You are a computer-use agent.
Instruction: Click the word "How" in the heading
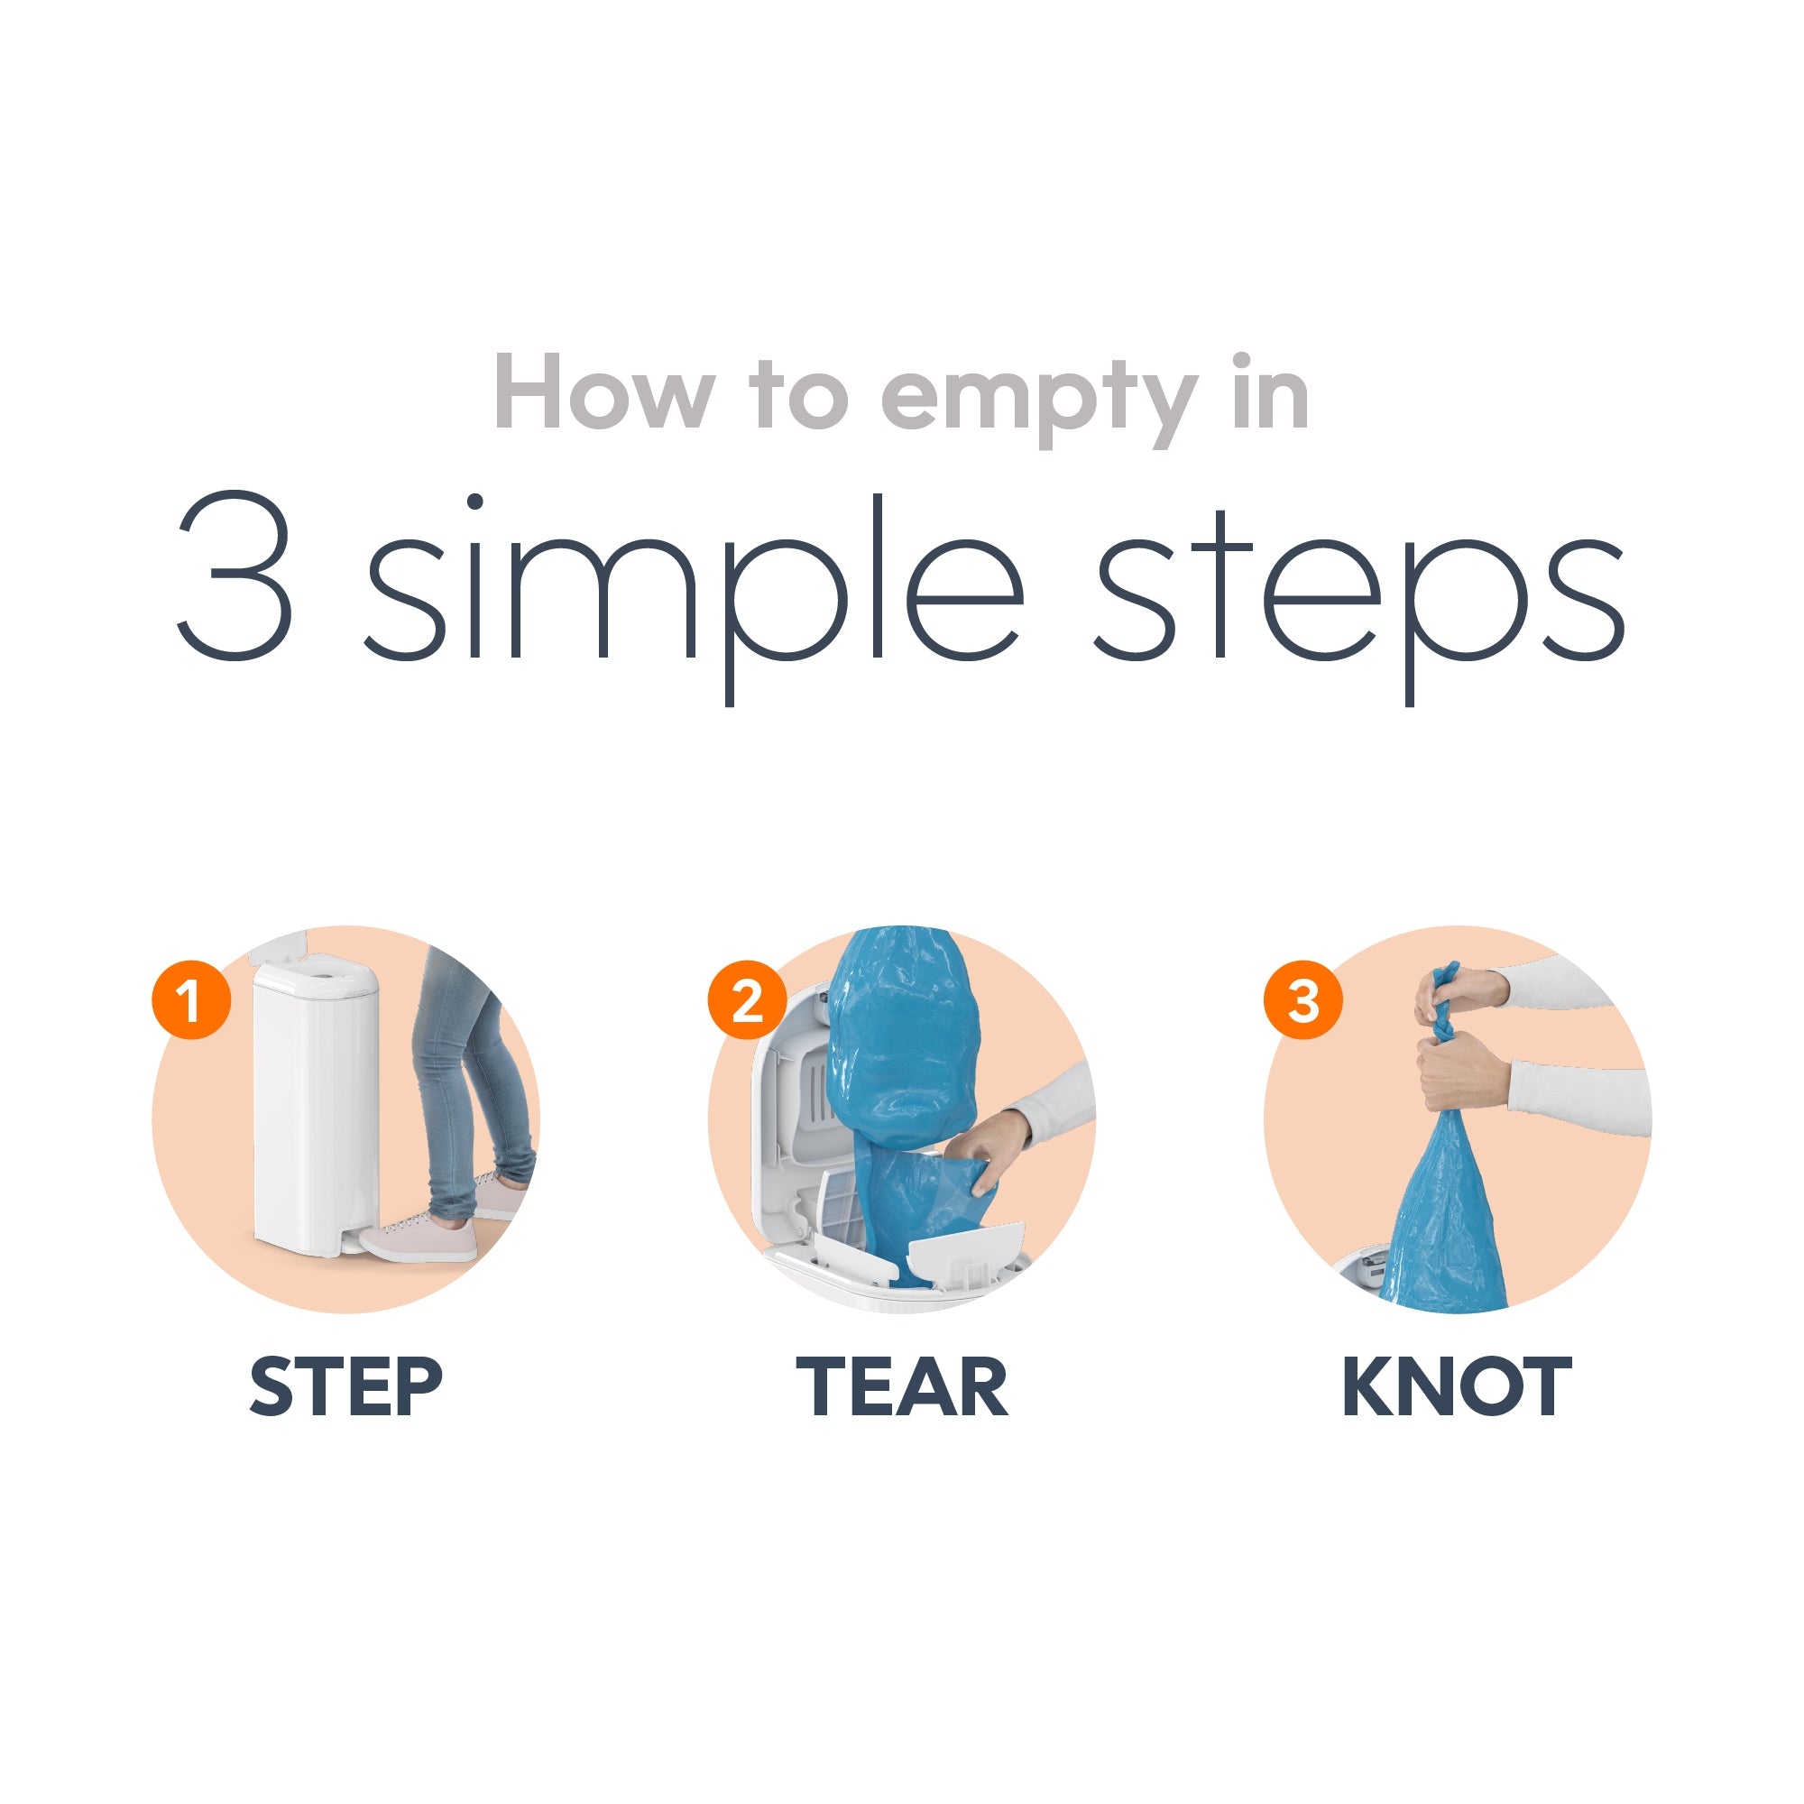coord(604,392)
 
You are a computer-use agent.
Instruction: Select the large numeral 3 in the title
coord(235,576)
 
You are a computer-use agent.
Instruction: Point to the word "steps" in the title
coord(1359,598)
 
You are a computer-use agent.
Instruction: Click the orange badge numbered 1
coord(191,1000)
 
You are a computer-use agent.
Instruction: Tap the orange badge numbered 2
coord(747,1000)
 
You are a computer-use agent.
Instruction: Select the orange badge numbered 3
coord(1303,1000)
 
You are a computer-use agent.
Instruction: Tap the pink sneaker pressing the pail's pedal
coord(419,1238)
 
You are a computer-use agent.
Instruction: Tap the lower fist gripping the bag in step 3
coord(1461,1069)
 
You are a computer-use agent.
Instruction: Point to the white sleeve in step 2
coord(1060,1102)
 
